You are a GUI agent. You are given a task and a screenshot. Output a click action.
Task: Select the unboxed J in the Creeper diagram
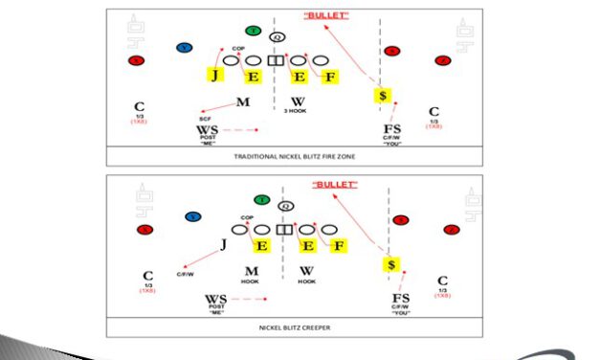[223, 246]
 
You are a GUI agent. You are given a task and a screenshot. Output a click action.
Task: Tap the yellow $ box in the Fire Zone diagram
[383, 96]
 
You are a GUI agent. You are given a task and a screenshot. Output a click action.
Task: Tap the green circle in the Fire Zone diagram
[252, 32]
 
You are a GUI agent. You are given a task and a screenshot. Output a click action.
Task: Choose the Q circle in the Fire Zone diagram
[278, 37]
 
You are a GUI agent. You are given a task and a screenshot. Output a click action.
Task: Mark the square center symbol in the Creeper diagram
[283, 230]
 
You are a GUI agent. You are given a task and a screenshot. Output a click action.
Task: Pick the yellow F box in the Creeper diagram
[337, 246]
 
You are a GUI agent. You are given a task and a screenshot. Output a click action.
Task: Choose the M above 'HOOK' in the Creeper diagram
[252, 271]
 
